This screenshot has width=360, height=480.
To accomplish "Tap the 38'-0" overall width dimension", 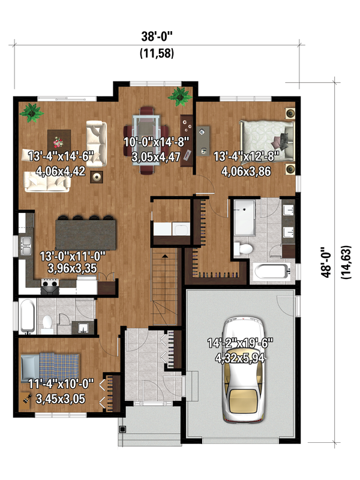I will (157, 36).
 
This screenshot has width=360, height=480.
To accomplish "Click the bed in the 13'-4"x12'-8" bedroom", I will (266, 136).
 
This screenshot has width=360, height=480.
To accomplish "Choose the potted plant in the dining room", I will (178, 95).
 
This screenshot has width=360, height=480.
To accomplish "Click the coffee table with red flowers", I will (59, 142).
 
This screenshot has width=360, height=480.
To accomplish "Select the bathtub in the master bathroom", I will (273, 272).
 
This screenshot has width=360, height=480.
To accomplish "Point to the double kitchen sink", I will (26, 245).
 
